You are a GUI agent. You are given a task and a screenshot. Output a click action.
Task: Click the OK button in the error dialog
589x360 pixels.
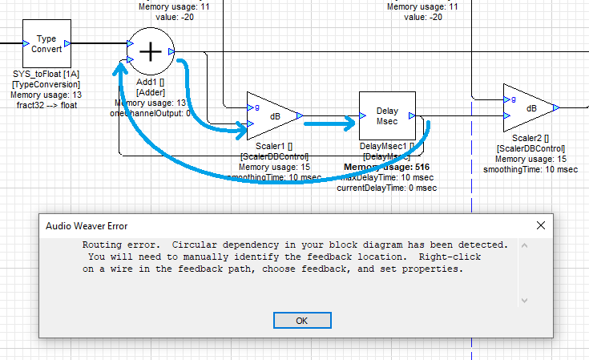pyautogui.click(x=302, y=320)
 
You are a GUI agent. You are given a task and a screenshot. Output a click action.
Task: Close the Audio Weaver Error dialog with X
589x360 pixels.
pyautogui.click(x=542, y=225)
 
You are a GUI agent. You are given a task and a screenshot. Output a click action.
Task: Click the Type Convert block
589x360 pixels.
pyautogui.click(x=46, y=43)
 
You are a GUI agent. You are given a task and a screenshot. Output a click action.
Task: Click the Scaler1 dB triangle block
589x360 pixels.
pyautogui.click(x=273, y=115)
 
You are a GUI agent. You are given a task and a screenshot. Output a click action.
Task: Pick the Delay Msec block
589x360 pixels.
pyautogui.click(x=386, y=115)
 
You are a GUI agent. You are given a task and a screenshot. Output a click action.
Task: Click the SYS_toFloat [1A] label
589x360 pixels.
pyautogui.click(x=46, y=74)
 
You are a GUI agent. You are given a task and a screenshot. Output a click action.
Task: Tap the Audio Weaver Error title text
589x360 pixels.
pyautogui.click(x=86, y=226)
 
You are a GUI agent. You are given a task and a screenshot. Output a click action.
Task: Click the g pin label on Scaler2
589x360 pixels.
pyautogui.click(x=508, y=100)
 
